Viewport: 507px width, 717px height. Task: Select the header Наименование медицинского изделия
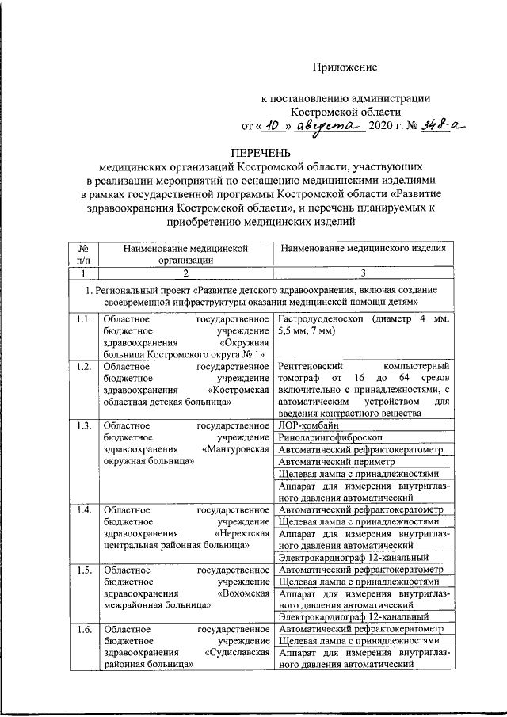tap(363, 248)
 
